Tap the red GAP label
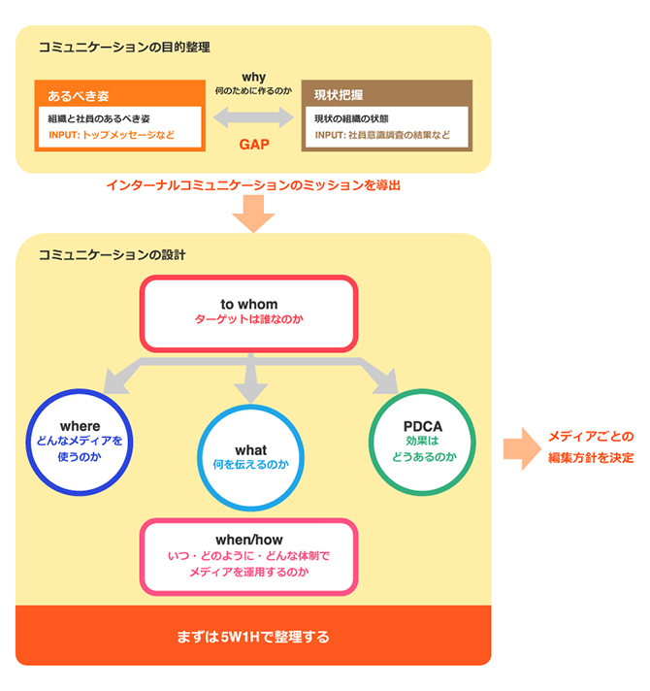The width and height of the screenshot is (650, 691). tap(253, 146)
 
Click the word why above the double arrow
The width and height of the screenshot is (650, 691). tap(253, 77)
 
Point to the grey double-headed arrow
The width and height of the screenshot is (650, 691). tap(253, 117)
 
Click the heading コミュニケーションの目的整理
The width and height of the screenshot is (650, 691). tap(124, 47)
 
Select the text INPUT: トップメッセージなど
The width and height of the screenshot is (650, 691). tap(112, 135)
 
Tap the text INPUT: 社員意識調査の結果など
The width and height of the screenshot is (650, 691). tap(382, 135)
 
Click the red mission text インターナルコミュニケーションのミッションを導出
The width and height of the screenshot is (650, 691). tap(253, 183)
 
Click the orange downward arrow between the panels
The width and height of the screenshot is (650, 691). tap(253, 213)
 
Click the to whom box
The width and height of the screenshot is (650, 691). tap(249, 313)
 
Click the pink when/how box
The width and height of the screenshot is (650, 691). tap(249, 556)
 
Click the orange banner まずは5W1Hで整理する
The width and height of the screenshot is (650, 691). tap(253, 637)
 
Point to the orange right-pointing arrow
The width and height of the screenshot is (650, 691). tap(520, 447)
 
